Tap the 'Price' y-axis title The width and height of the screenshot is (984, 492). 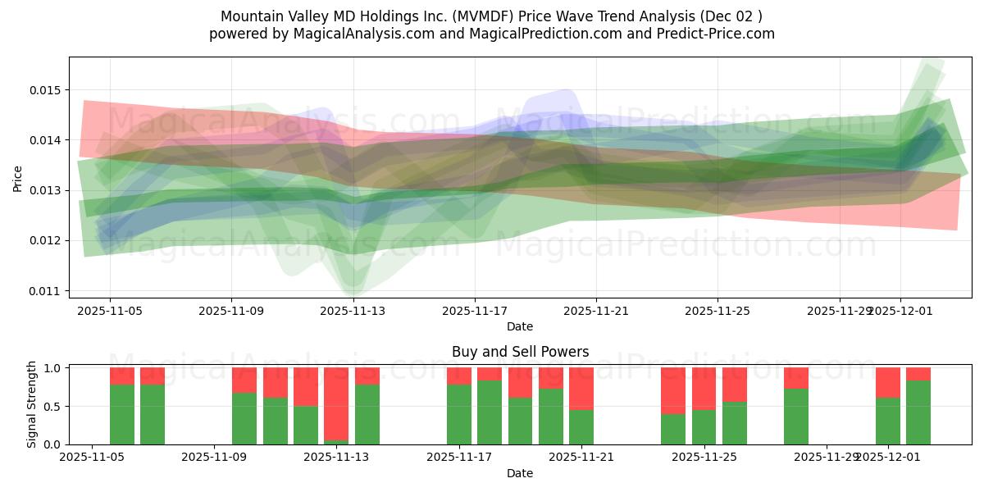18,177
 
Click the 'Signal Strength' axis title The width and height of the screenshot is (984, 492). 31,404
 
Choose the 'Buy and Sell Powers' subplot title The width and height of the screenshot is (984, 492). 520,352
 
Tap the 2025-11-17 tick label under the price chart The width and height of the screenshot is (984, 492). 474,311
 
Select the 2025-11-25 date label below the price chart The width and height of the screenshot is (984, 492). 717,311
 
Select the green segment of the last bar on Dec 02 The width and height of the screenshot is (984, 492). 918,412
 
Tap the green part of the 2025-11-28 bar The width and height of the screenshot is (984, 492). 796,417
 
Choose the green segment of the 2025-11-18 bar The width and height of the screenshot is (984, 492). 490,412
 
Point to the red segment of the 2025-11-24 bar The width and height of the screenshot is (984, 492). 673,390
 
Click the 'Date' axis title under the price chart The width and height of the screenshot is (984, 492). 520,326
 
